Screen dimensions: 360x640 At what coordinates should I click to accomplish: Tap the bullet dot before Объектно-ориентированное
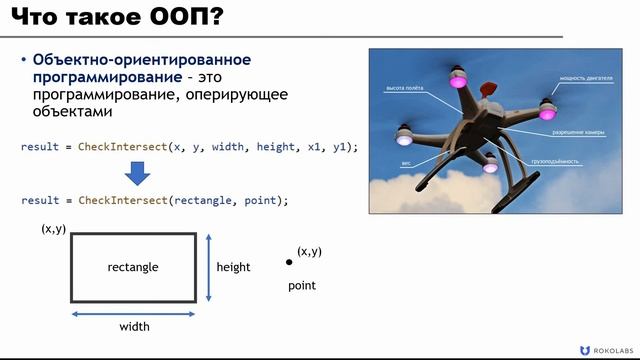tap(24, 61)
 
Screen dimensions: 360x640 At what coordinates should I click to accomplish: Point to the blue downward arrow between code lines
tap(138, 174)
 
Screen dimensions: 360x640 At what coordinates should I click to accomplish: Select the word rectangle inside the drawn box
tap(133, 267)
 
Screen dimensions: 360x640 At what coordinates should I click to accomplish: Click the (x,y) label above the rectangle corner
tap(53, 229)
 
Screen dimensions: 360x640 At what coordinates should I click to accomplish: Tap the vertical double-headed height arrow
tap(207, 267)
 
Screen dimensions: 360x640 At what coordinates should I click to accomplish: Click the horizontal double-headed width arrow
tap(133, 312)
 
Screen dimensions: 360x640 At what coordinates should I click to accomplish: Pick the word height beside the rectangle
tap(233, 267)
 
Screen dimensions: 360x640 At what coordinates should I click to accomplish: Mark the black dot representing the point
tap(289, 262)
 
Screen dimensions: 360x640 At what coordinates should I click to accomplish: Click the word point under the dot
tap(302, 286)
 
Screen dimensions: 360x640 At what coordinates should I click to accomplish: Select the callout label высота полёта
tap(404, 88)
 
